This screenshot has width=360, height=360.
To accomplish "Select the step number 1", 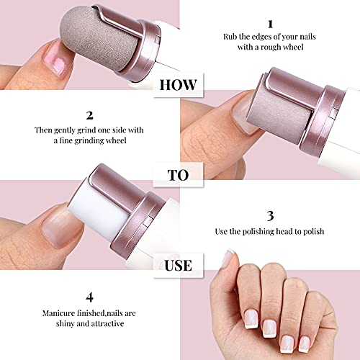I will coord(270,23).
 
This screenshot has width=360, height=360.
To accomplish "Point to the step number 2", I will coord(89,114).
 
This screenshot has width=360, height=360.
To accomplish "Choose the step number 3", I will coord(270,215).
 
